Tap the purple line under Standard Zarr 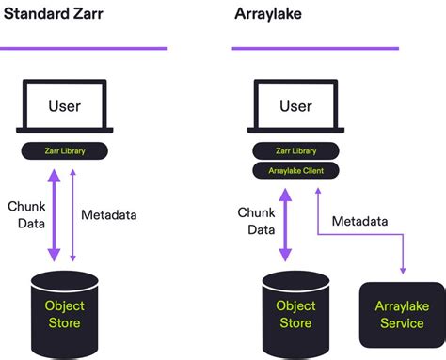85,47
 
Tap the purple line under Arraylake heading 315,47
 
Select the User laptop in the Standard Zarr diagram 65,107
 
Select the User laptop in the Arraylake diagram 295,107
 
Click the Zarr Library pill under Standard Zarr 65,150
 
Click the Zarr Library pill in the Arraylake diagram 295,150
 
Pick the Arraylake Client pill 295,170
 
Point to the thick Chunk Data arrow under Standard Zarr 55,214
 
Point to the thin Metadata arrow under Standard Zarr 72,214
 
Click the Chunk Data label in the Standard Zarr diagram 26,214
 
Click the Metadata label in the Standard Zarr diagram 109,214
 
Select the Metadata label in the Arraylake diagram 360,222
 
